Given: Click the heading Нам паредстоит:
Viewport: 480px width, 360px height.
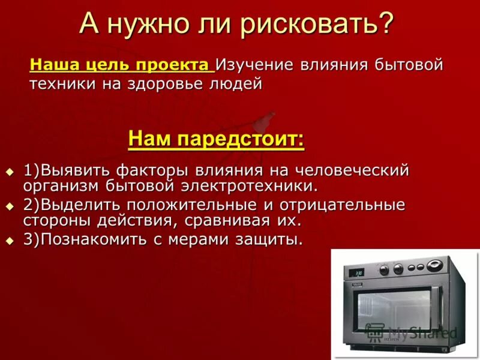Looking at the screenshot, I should pyautogui.click(x=216, y=140).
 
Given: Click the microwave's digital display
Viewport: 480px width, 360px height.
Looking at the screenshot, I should pyautogui.click(x=359, y=272).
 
